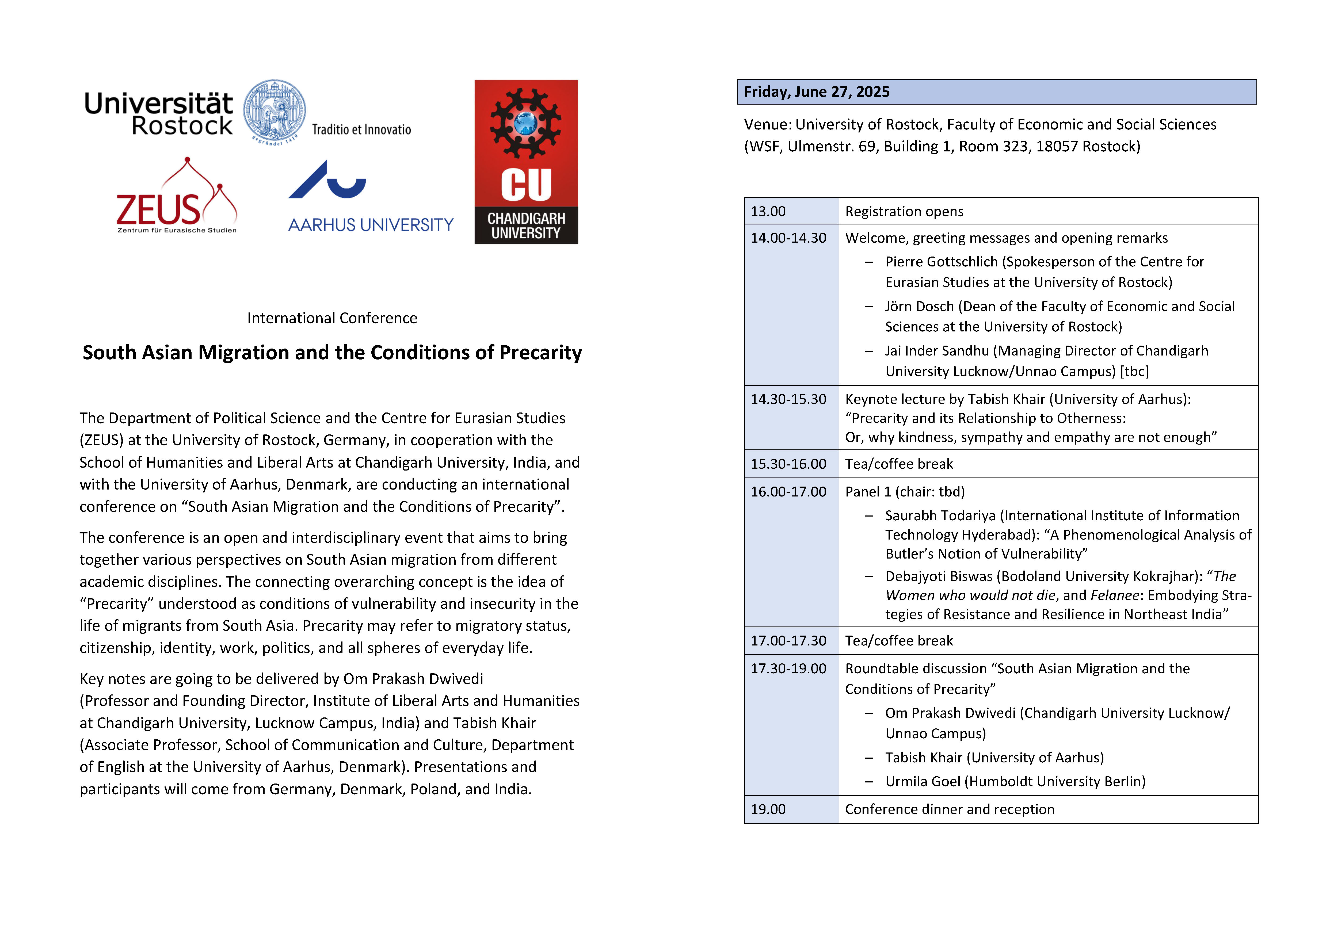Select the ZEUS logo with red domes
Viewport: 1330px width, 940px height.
pos(177,197)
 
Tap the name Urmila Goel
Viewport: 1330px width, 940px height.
pos(923,781)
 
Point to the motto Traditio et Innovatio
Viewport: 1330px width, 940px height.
pos(361,130)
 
